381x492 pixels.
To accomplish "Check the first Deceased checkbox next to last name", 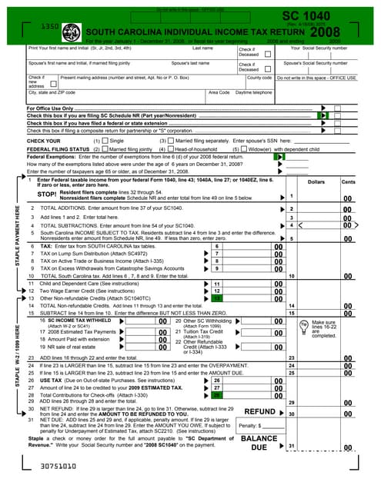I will pyautogui.click(x=266, y=55).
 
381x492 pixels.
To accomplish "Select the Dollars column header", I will pyautogui.click(x=316, y=181).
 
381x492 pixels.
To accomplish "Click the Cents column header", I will pyautogui.click(x=348, y=181).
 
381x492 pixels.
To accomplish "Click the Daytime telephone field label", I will pyautogui.click(x=253, y=92).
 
